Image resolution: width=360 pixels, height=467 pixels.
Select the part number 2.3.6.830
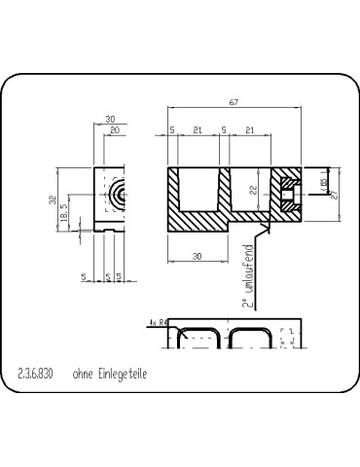(36, 374)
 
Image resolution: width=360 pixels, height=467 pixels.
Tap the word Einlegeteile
(122, 374)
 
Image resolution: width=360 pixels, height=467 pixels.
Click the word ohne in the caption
(82, 374)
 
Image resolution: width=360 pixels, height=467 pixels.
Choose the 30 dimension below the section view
(197, 257)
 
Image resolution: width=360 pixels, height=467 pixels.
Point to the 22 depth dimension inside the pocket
(253, 192)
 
